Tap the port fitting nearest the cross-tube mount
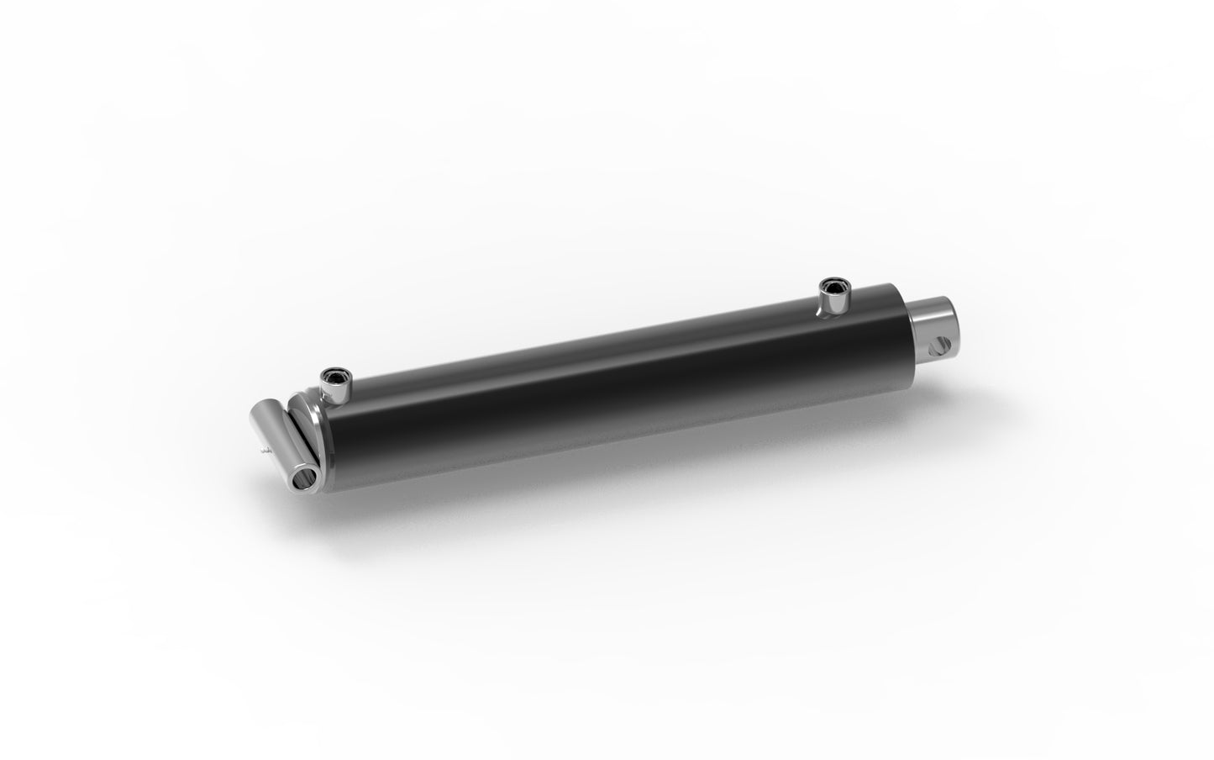point(337,388)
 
